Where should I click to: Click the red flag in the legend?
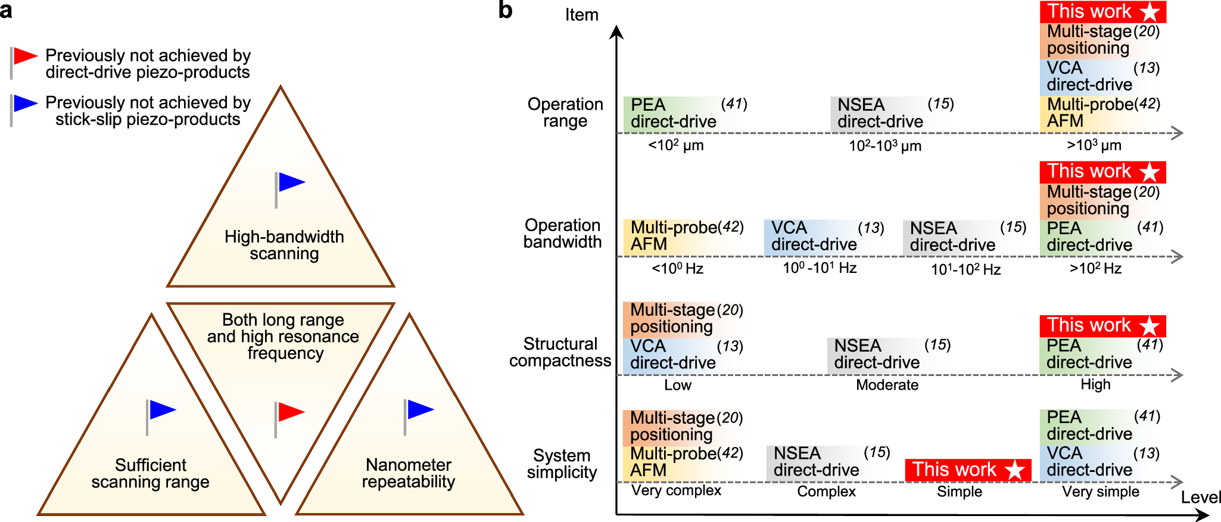point(25,57)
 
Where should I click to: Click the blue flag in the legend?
point(25,104)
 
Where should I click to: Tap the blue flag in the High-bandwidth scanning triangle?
point(291,182)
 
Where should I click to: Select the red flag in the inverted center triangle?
point(290,412)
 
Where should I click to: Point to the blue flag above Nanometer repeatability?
point(419,409)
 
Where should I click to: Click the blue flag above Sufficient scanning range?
point(162,410)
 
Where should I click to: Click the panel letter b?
point(505,11)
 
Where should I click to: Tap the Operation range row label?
point(565,113)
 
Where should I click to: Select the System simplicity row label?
point(562,464)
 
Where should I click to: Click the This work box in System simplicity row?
point(967,470)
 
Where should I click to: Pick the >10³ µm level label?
point(1094,145)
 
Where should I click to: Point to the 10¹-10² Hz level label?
point(965,269)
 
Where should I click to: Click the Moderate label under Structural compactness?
point(886,385)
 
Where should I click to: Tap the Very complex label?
point(676,490)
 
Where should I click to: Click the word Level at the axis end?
point(1200,498)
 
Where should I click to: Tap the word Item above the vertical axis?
point(581,15)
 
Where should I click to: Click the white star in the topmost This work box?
point(1150,12)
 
